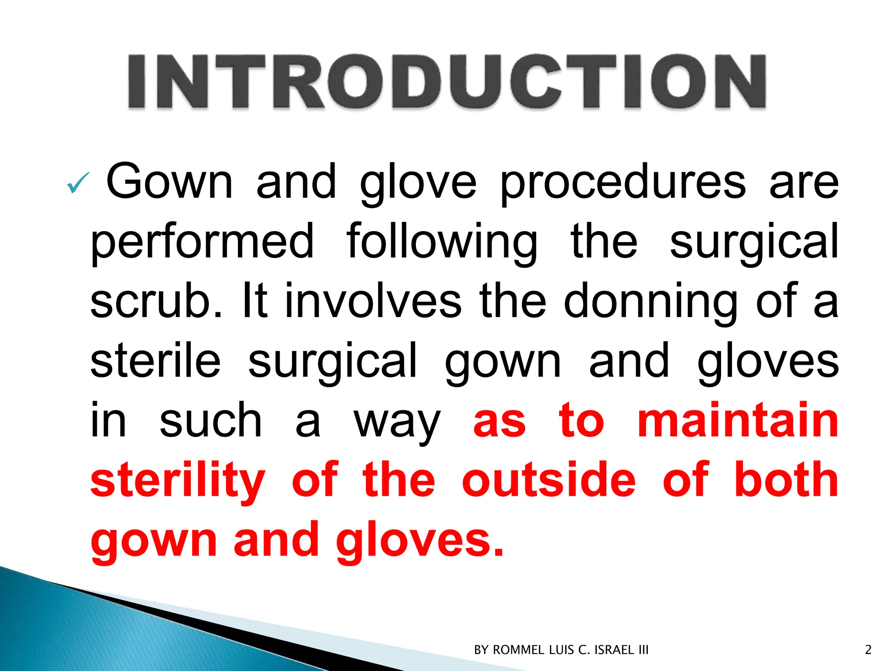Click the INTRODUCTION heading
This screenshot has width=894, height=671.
pyautogui.click(x=447, y=82)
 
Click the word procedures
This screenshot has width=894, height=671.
pyautogui.click(x=622, y=183)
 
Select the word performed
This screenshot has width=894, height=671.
pyautogui.click(x=202, y=242)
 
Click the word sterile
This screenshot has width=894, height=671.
pyautogui.click(x=155, y=361)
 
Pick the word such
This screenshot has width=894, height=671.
pyautogui.click(x=211, y=421)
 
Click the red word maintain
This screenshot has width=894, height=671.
pyautogui.click(x=738, y=420)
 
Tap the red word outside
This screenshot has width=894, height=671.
pyautogui.click(x=549, y=480)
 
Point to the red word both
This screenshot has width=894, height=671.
pyautogui.click(x=786, y=480)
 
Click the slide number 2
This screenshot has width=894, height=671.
pyautogui.click(x=868, y=650)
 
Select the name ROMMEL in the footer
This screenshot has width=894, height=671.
pyautogui.click(x=518, y=650)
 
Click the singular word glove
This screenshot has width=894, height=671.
pyautogui.click(x=418, y=183)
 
